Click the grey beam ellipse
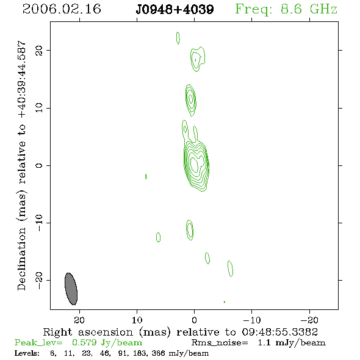click(x=71, y=289)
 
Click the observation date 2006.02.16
click(x=62, y=9)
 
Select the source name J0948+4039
click(x=175, y=9)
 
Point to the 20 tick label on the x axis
click(x=79, y=320)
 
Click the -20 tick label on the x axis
click(x=309, y=320)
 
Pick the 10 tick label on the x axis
click(x=137, y=320)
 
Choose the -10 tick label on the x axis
click(x=252, y=320)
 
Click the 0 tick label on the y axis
click(x=39, y=165)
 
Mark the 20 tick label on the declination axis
click(x=39, y=51)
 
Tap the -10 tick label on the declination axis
click(x=39, y=223)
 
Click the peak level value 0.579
click(x=84, y=342)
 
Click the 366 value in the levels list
click(x=158, y=353)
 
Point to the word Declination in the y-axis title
click(x=21, y=259)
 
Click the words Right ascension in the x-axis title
click(x=88, y=332)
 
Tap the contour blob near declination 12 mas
click(x=191, y=100)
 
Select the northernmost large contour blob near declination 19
click(x=198, y=59)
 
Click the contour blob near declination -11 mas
click(x=190, y=230)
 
